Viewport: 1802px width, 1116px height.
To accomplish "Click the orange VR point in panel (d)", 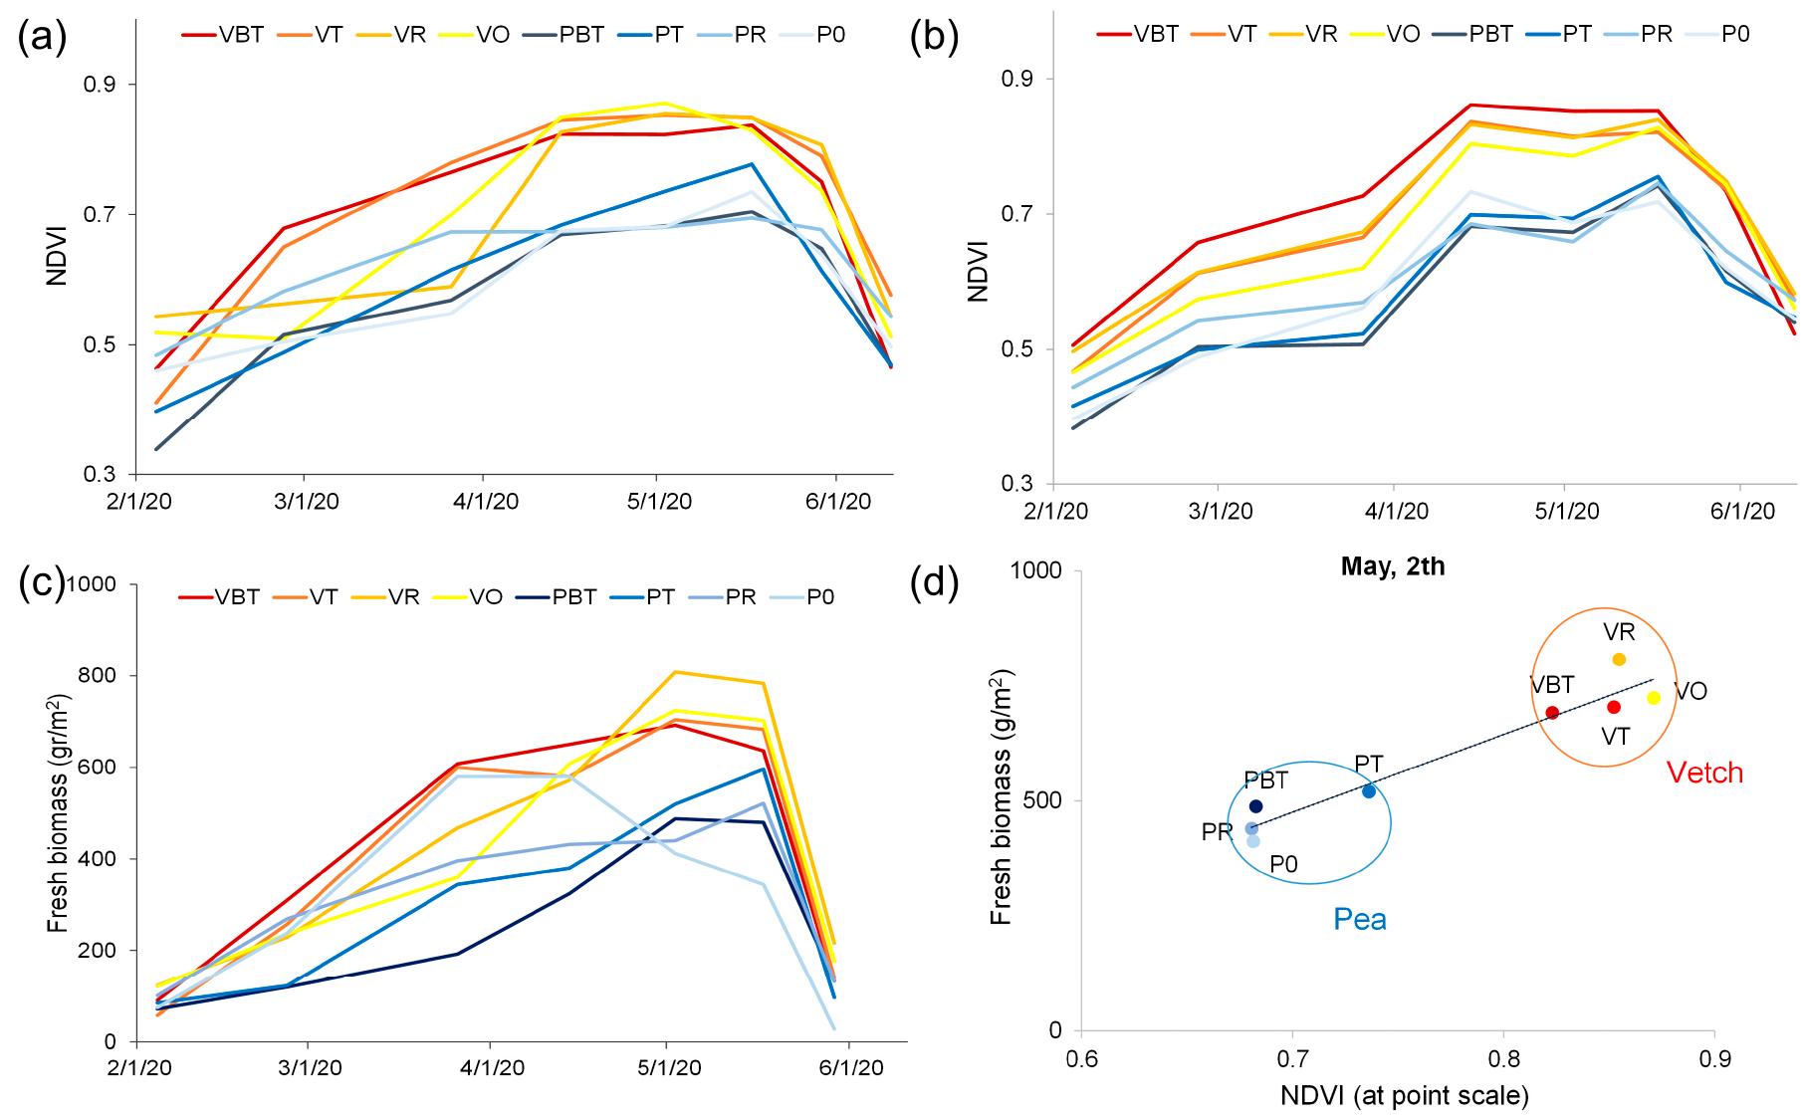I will [x=1619, y=659].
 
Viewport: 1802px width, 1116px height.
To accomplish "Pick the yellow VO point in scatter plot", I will [x=1654, y=698].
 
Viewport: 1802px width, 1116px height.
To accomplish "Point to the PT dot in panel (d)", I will [x=1369, y=790].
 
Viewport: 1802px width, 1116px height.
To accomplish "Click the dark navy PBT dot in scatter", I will [x=1255, y=806].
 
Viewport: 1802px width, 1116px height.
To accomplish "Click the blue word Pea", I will [x=1360, y=918].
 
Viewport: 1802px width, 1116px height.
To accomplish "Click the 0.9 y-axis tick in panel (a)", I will [x=98, y=84].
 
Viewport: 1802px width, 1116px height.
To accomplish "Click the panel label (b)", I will [x=935, y=38].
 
